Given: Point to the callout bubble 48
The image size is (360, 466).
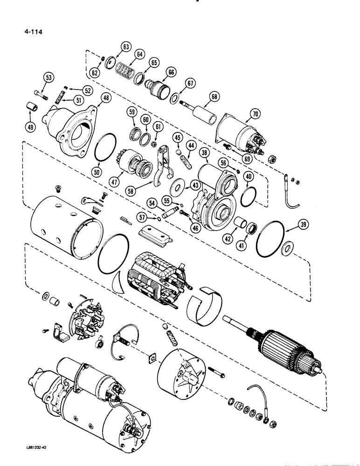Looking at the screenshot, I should pyautogui.click(x=106, y=98).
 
